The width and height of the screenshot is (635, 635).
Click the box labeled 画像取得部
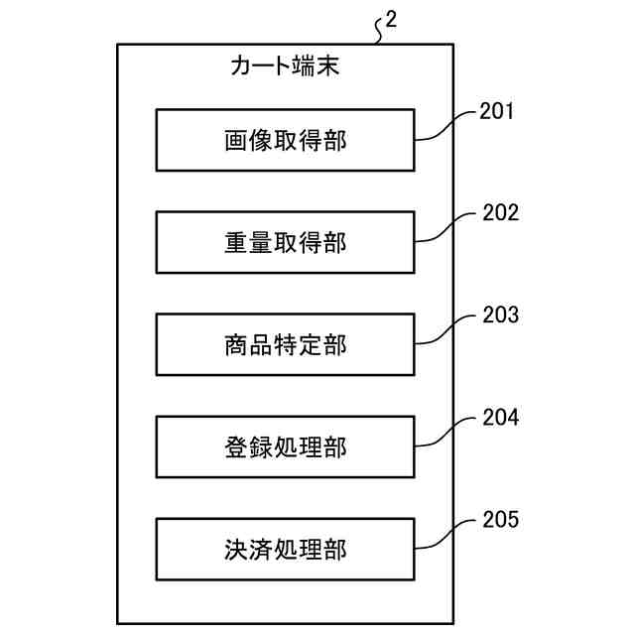click(x=285, y=140)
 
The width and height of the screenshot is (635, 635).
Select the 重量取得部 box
click(x=285, y=242)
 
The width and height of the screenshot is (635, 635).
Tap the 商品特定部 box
click(x=285, y=344)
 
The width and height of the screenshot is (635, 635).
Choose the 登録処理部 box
click(x=285, y=447)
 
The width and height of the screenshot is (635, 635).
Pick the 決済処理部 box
click(x=285, y=549)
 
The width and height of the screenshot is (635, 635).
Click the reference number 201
click(x=497, y=111)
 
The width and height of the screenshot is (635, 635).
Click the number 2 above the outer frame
click(x=391, y=20)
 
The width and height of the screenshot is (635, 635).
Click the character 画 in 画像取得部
click(x=235, y=141)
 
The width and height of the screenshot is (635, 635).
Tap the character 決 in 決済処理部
click(x=235, y=550)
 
